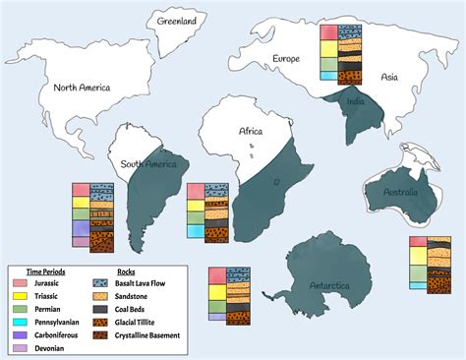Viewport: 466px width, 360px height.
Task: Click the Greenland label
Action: [177, 20]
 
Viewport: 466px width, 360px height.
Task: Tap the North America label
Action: [83, 88]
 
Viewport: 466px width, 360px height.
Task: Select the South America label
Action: [147, 163]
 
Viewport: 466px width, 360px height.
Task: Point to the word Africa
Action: [251, 130]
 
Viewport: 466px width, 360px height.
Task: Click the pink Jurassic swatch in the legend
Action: [21, 282]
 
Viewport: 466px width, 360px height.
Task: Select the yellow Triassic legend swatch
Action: [21, 295]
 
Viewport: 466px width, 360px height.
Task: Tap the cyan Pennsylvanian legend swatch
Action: [21, 321]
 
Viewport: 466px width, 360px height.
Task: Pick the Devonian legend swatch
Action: [21, 346]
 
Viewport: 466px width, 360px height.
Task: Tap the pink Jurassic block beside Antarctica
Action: [216, 273]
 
